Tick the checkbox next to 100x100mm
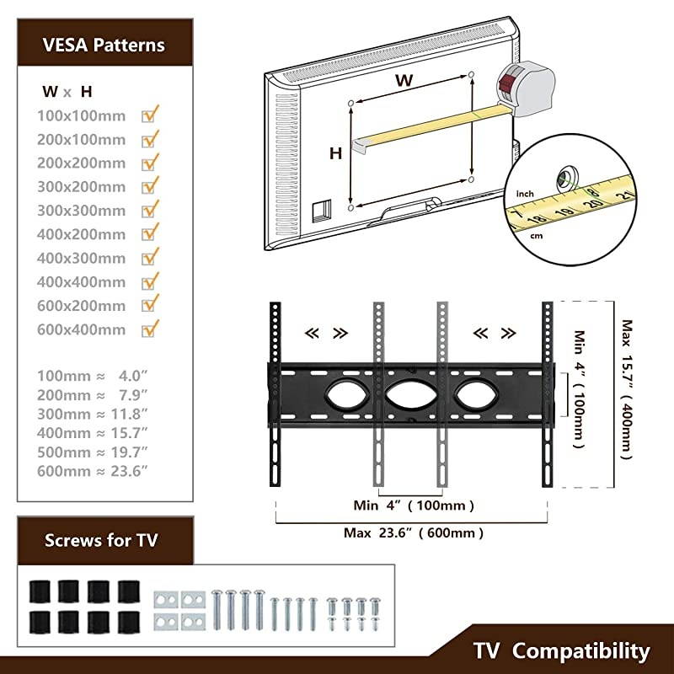coord(152,115)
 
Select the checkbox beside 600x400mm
coord(152,329)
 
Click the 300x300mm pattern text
coord(81,210)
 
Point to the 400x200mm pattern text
coord(81,233)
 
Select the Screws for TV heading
coord(101,540)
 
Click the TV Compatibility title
coord(561,650)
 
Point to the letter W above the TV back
coord(404,81)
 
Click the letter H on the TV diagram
coord(335,153)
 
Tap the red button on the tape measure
coord(508,84)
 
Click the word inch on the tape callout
coord(525,194)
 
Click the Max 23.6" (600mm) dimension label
coord(414,532)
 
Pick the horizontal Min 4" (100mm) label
coord(413,505)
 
